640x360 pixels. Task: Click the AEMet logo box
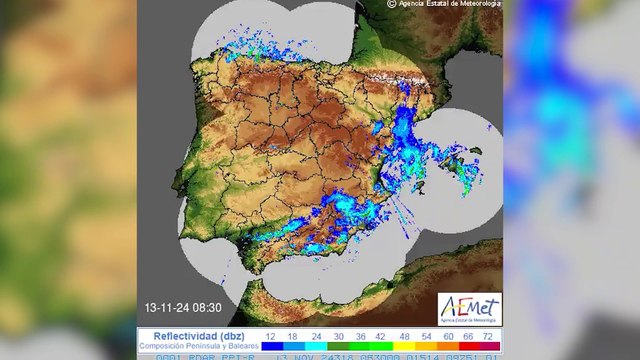469,308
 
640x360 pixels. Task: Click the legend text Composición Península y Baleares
197,346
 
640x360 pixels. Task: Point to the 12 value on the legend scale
272,336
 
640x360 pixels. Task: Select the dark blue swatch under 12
272,346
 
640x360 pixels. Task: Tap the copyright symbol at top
392,4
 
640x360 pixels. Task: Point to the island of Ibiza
424,189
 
